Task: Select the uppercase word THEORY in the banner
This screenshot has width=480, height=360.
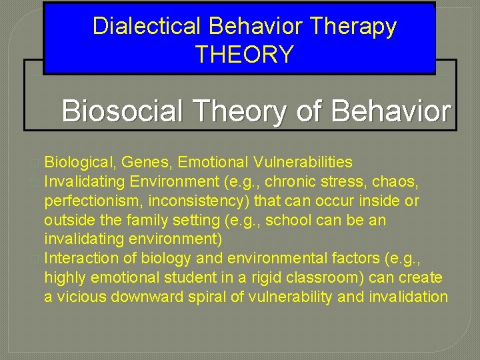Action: [x=244, y=54]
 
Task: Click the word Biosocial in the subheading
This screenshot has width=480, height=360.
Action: [x=131, y=111]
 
